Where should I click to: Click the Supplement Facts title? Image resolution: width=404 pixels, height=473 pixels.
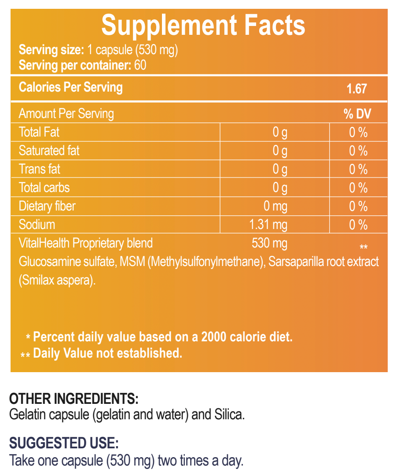click(x=203, y=25)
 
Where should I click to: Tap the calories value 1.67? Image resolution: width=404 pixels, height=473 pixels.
click(x=356, y=89)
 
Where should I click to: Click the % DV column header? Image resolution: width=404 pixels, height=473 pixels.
click(x=357, y=114)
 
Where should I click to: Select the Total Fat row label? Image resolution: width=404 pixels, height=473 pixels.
click(x=39, y=132)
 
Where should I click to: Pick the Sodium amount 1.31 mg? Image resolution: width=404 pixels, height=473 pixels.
click(x=268, y=225)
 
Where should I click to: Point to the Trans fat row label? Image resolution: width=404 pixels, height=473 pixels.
click(x=40, y=169)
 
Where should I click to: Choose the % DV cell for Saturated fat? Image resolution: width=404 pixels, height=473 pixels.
click(x=358, y=151)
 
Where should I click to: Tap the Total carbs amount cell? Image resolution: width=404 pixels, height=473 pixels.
click(x=280, y=188)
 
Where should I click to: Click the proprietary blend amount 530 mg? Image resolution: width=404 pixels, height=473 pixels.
click(x=269, y=243)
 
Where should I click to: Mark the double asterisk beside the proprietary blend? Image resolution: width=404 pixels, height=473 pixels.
click(x=363, y=247)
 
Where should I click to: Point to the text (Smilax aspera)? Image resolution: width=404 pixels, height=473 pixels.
click(x=57, y=280)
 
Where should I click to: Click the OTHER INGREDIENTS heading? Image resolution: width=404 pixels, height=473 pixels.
click(x=74, y=399)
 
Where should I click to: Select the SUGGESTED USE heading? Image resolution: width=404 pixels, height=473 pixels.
click(x=64, y=443)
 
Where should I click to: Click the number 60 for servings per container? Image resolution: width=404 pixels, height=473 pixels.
click(x=140, y=66)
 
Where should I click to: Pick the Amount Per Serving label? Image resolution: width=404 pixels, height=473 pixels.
click(x=66, y=114)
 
